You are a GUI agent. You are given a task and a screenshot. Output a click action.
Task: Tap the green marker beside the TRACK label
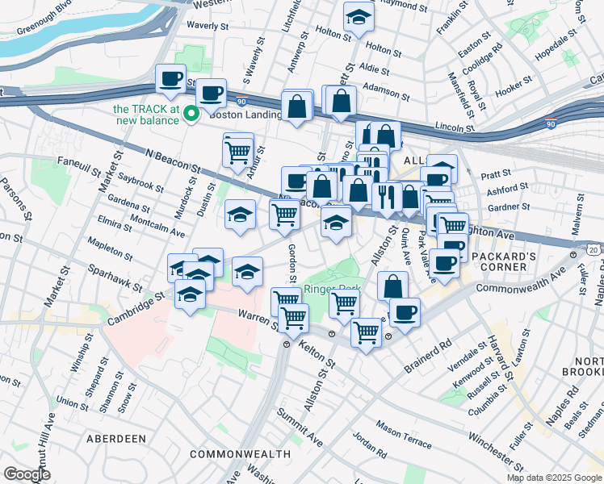[x=191, y=114]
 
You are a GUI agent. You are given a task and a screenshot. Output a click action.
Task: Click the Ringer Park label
[x=332, y=290]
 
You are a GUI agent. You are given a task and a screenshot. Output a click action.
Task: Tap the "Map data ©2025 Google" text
[x=555, y=478]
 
